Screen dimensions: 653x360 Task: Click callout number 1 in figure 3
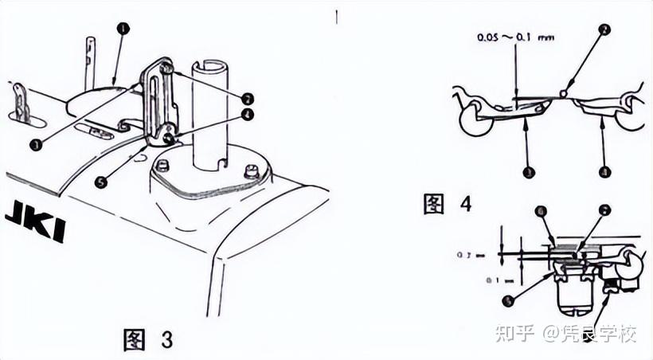tap(123, 28)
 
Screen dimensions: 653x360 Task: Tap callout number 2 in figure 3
tap(248, 99)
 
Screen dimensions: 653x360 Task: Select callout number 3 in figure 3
tap(35, 144)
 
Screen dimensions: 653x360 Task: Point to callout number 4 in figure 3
tap(248, 114)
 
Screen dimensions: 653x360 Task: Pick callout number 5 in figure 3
tap(100, 182)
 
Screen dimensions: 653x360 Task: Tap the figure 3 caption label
tap(148, 340)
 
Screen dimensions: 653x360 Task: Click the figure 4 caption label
tap(447, 203)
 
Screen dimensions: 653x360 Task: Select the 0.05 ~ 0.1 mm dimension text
tap(516, 37)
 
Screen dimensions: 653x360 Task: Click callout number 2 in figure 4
tap(605, 29)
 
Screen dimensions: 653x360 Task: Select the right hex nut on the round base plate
tap(252, 170)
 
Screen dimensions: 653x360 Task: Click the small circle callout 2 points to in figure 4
tap(564, 93)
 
